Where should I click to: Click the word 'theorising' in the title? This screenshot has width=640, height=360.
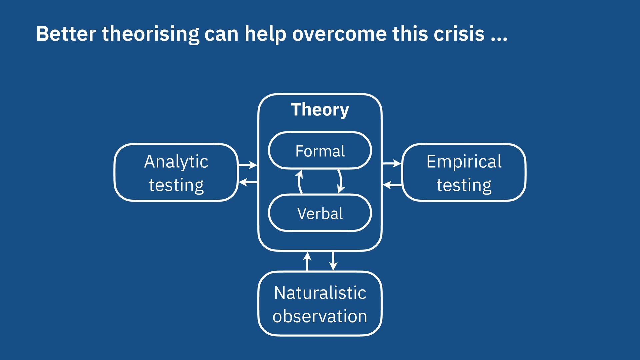coord(150,34)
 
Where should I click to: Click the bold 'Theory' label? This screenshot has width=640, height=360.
coord(320,110)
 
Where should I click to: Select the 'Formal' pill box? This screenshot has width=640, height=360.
coord(320,151)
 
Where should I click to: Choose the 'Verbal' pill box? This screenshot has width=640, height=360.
coord(320,213)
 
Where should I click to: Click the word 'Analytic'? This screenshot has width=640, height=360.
coord(176,162)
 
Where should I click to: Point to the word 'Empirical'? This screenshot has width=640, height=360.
coord(464,162)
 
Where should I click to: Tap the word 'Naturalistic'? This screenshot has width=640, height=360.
coord(320,293)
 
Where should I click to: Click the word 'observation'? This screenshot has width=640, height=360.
coord(320,316)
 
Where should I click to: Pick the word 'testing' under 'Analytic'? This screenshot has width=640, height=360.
coord(176,185)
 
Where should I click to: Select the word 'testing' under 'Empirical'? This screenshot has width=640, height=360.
coord(464,185)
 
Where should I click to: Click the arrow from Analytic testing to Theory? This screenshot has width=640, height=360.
coord(248,165)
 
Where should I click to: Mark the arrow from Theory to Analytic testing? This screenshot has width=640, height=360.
coord(248,182)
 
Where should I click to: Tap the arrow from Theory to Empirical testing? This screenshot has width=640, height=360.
coord(392,163)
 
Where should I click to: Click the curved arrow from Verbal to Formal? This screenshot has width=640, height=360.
coord(300,182)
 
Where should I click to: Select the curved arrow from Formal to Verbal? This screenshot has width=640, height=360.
coord(340,182)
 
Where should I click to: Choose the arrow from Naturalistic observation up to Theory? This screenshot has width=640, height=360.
coord(307,261)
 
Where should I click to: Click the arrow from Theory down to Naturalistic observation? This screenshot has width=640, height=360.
coord(333,261)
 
